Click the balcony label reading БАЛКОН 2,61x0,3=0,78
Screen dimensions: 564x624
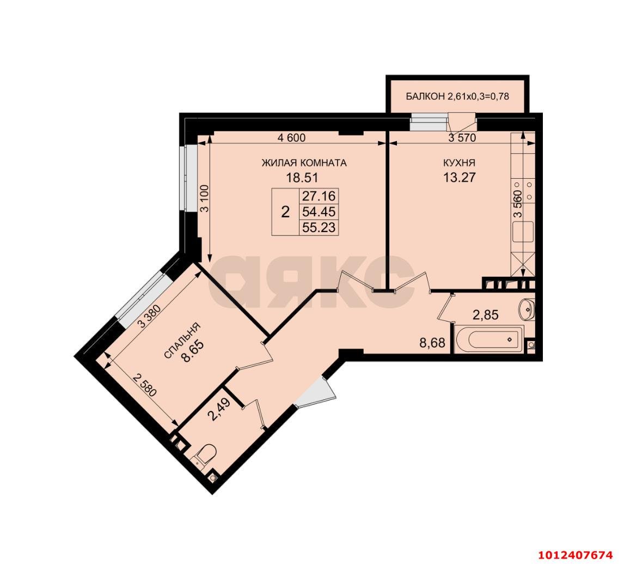[x=458, y=96]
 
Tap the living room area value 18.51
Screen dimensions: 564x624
[x=302, y=177]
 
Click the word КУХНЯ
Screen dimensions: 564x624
[x=459, y=162]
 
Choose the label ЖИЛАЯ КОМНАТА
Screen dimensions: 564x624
[x=304, y=162]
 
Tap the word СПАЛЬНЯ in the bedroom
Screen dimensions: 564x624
[x=182, y=341]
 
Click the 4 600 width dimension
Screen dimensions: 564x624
[x=291, y=138]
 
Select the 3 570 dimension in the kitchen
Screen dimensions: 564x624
[x=462, y=138]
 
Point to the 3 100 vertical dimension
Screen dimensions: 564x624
[x=203, y=200]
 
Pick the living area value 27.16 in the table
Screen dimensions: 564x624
[x=319, y=196]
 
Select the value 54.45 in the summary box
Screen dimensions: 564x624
[x=319, y=212]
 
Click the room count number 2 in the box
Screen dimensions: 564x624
[x=285, y=212]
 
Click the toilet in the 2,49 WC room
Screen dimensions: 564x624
[x=205, y=454]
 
